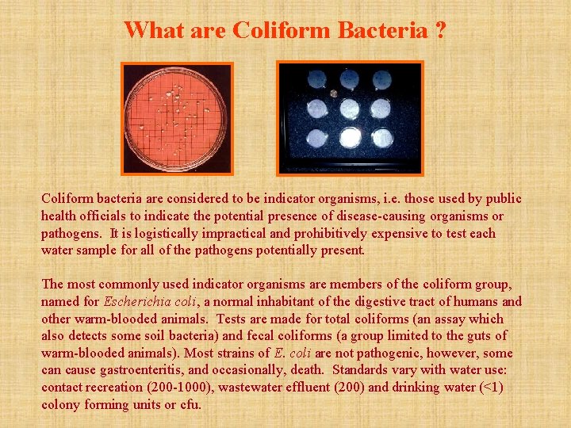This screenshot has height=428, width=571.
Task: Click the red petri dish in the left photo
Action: tap(176, 117)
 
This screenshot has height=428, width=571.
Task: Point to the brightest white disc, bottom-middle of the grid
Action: tap(350, 138)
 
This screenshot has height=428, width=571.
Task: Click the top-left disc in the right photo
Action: tap(317, 80)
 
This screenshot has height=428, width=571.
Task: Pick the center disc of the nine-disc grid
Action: tap(350, 109)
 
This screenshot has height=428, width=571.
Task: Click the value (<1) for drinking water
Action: tap(496, 388)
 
